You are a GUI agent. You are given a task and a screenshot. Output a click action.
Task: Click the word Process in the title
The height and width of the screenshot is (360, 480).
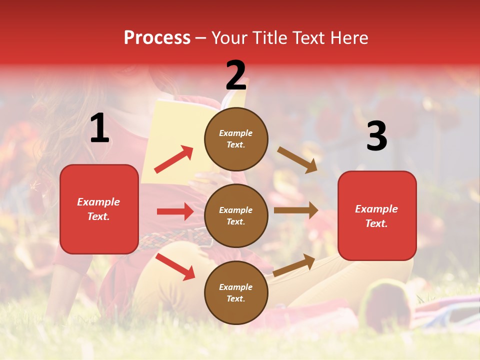[157, 38]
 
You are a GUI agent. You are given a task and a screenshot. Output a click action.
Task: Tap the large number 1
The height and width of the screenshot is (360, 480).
[99, 128]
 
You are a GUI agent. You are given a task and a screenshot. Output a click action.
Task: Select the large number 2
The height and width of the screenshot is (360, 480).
[236, 75]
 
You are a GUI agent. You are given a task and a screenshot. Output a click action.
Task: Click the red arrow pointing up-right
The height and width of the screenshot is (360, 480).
[174, 159]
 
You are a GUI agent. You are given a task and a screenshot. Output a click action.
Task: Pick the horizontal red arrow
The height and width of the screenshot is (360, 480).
[175, 211]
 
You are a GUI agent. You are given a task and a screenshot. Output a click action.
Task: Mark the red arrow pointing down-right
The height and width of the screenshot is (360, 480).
[175, 266]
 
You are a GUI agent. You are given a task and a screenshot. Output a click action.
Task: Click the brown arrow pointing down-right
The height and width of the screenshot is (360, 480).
[297, 159]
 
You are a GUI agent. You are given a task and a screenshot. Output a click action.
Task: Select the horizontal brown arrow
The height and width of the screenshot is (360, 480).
[296, 210]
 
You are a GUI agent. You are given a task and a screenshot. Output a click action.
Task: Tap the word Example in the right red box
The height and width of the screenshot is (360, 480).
[376, 209]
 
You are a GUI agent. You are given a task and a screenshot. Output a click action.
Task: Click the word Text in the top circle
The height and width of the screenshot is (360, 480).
[235, 145]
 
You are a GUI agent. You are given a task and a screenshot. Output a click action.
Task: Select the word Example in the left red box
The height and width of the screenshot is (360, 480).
[98, 202]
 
